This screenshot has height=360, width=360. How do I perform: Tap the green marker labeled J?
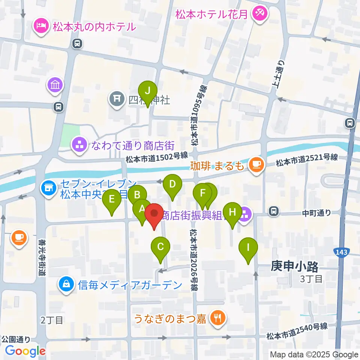(148, 91)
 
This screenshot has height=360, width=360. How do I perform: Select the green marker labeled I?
(248, 248)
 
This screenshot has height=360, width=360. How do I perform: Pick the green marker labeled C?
(160, 247)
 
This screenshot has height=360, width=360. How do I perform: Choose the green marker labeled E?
(112, 199)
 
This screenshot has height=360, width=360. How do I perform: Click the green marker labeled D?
(172, 184)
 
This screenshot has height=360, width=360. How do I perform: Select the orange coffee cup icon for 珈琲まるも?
(256, 164)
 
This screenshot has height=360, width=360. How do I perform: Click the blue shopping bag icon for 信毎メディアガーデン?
(66, 285)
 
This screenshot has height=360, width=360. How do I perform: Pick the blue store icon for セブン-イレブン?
(49, 186)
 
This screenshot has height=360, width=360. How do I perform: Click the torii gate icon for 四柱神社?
(115, 99)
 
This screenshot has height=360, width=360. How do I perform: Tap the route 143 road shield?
(341, 252)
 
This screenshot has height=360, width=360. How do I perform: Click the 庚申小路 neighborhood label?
(294, 267)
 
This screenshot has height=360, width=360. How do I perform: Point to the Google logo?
(25, 351)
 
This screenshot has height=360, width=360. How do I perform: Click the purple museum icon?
(55, 85)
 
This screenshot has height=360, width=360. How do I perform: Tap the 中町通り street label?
(317, 213)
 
